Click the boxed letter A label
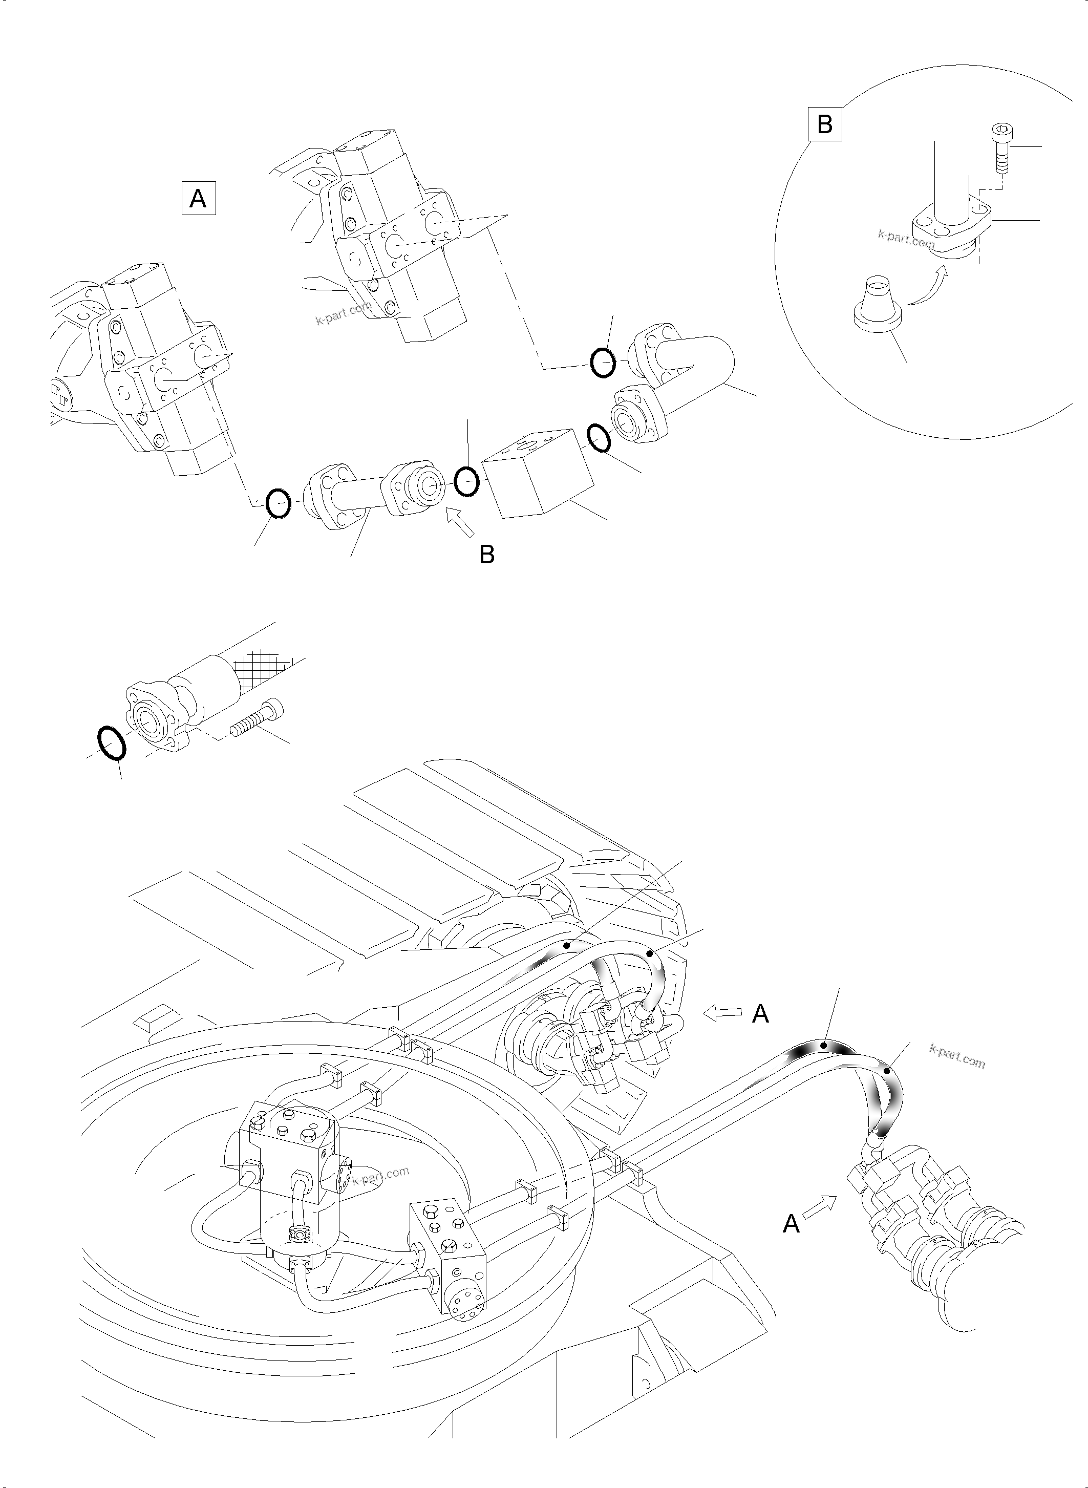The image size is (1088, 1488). pos(198,198)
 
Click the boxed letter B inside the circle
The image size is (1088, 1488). pos(824,124)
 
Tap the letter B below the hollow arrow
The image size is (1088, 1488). pos(487,555)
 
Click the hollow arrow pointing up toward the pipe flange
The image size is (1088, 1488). pos(460,524)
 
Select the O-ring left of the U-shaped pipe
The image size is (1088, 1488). pos(602,363)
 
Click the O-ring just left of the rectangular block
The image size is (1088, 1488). pos(466,481)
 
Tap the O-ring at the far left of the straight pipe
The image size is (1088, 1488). pos(278,504)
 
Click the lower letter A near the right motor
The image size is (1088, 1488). pos(791,1224)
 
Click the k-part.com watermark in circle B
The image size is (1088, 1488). pos(906,239)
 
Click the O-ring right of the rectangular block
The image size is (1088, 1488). pos(599,438)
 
